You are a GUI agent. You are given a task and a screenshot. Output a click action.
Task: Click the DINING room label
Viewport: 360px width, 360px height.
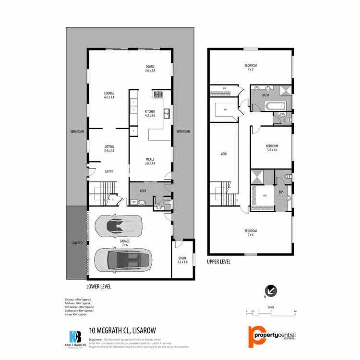click(x=150, y=69)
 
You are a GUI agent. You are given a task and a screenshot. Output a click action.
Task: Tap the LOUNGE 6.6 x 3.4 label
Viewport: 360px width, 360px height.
click(x=108, y=95)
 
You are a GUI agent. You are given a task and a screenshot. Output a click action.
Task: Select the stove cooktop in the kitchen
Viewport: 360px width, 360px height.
click(x=158, y=95)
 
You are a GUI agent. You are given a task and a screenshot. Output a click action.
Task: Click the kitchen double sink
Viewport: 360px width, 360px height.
click(x=166, y=114)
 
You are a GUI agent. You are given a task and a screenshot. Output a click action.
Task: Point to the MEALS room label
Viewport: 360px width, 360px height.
click(x=150, y=161)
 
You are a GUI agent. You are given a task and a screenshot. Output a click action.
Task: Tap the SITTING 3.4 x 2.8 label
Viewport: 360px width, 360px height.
click(x=108, y=148)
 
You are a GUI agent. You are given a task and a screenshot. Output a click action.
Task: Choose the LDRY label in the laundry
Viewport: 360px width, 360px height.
click(x=143, y=191)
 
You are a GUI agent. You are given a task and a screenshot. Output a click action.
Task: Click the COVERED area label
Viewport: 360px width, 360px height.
click(x=76, y=243)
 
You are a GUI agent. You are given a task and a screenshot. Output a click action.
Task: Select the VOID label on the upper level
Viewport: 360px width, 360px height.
click(x=223, y=154)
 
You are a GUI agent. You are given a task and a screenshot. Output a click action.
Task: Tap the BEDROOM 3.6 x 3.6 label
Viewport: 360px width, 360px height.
click(x=272, y=148)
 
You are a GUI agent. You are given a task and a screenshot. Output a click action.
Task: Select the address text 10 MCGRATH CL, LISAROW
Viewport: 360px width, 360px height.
click(x=122, y=330)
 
